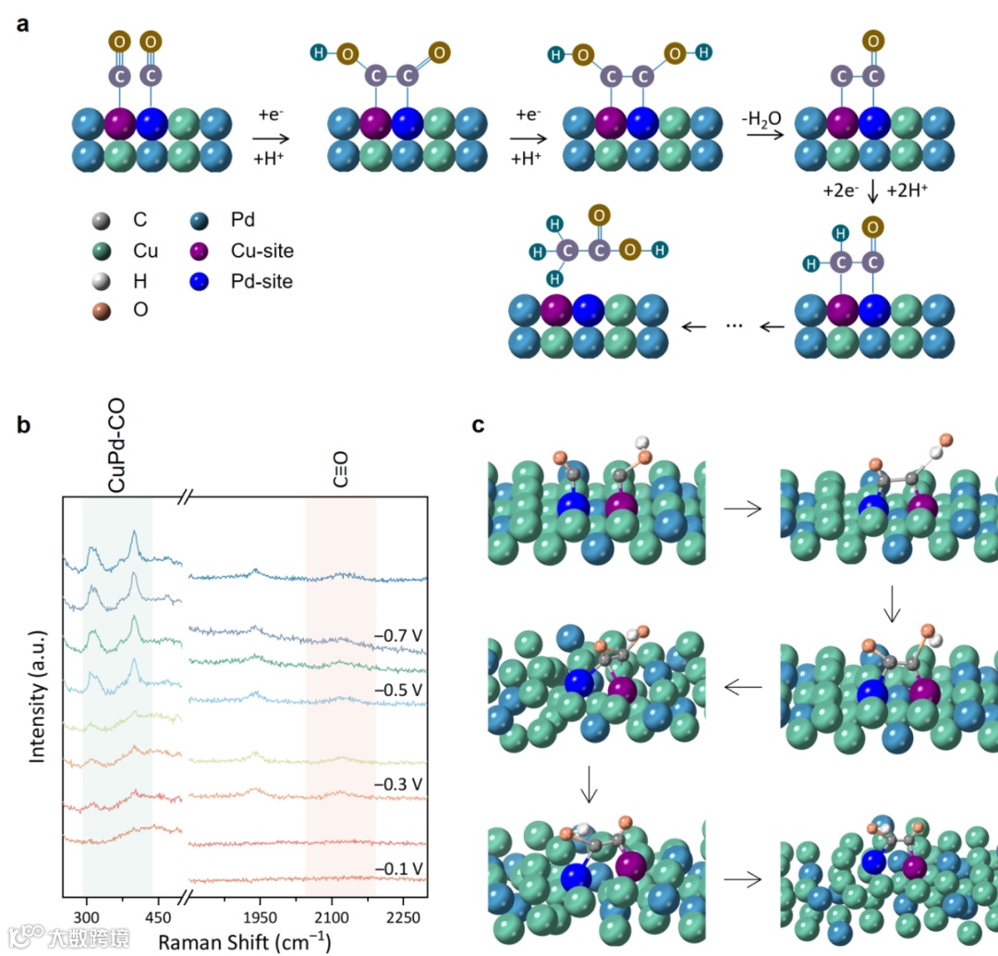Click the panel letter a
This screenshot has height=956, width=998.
[24, 23]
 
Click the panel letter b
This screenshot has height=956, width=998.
[24, 425]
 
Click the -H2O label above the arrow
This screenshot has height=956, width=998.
[761, 120]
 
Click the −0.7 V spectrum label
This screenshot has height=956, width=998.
[398, 635]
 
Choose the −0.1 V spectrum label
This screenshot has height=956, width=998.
[398, 868]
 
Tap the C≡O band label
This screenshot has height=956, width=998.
[340, 469]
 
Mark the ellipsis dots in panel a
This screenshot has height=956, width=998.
[735, 325]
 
